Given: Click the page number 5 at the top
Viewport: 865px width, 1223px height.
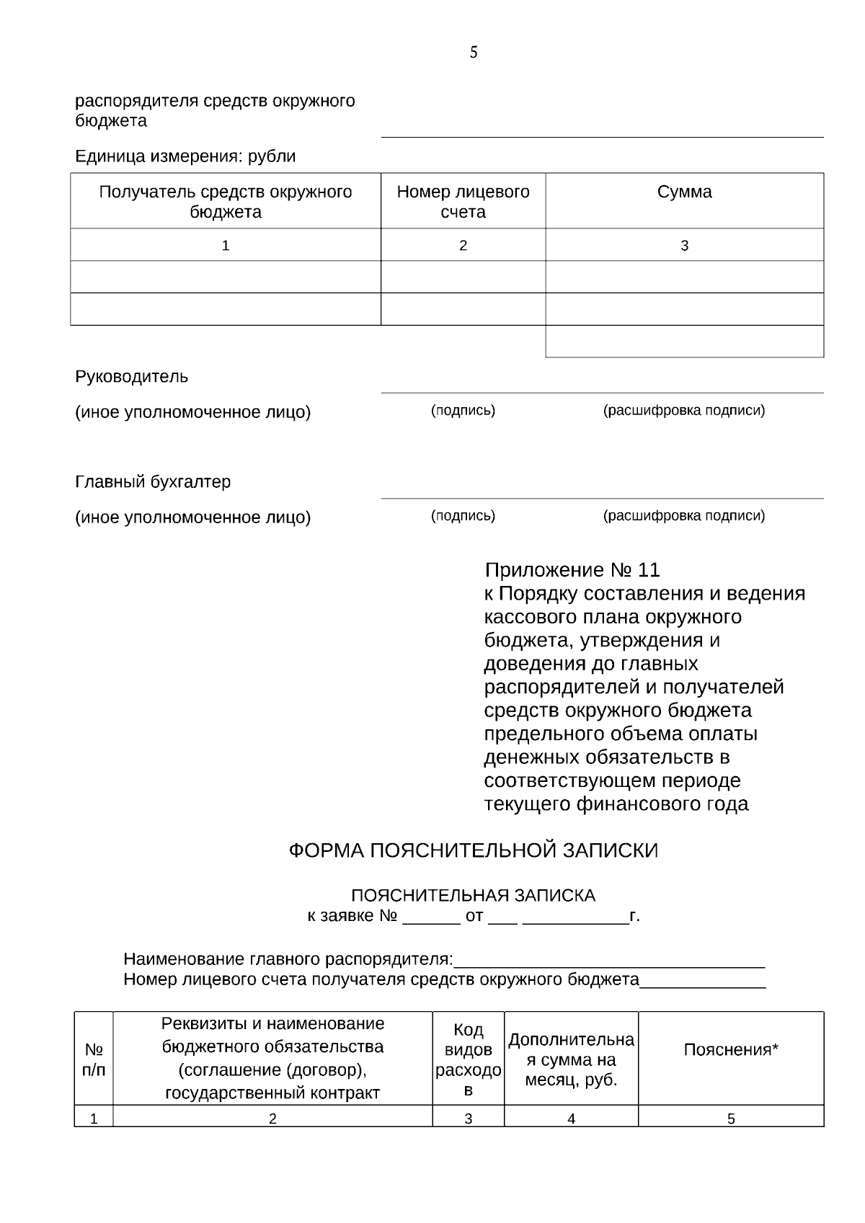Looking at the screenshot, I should point(474,53).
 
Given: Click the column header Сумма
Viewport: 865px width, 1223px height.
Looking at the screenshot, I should point(684,192).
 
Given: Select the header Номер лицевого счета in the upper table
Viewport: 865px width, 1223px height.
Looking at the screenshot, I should point(463,202).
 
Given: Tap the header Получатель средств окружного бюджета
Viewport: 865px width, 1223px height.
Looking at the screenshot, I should point(225,202).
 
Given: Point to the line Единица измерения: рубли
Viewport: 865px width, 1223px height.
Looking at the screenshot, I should point(185,156).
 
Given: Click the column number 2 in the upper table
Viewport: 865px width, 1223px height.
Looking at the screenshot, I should point(463,246).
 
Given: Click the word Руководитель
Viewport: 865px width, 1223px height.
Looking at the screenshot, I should point(131,376).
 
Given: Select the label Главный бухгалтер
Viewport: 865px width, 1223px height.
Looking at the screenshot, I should point(153,481).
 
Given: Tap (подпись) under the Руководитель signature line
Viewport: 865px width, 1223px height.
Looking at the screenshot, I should point(463,411).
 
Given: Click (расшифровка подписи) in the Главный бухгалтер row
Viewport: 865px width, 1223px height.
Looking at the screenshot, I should point(683,516).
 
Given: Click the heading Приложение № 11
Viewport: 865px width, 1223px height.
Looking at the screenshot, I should point(572,570).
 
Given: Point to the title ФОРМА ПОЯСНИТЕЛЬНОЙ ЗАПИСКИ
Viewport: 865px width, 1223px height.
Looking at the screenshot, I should point(473,850).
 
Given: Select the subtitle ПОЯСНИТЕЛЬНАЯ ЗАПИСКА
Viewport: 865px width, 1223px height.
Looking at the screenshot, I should point(473,896).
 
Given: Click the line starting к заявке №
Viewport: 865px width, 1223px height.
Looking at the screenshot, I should point(473,917).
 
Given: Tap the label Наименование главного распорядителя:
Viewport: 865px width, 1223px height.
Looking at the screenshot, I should point(288,959).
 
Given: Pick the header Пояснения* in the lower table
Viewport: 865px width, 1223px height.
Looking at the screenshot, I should point(730,1050).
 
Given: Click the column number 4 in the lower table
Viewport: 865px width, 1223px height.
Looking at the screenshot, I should point(571,1119).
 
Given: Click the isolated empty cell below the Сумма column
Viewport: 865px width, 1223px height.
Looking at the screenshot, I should point(684,342).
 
